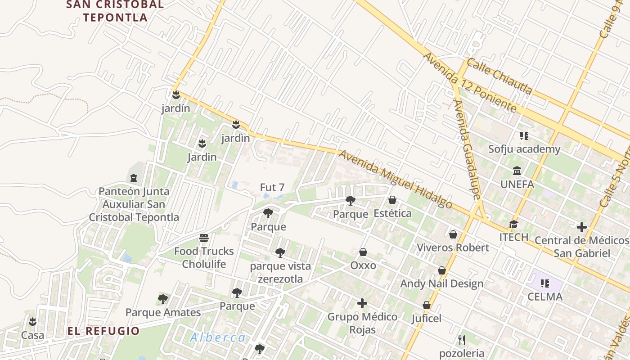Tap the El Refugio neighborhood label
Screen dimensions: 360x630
[103, 331]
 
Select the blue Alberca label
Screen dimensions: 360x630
[218, 337]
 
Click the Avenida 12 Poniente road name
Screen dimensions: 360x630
[470, 83]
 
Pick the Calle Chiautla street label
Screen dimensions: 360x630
[499, 76]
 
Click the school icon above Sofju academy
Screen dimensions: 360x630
[524, 135]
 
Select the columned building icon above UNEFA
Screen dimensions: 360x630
[517, 171]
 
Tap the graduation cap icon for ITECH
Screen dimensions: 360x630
[513, 224]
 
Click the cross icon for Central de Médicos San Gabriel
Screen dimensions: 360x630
[582, 227]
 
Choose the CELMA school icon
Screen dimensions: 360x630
[545, 283]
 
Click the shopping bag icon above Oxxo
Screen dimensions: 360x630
[363, 252]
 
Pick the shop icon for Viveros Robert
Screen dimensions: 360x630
[453, 234]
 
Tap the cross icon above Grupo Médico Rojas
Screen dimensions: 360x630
[362, 303]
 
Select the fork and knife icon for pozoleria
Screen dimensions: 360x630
[461, 340]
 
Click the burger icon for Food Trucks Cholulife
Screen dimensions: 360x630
[204, 238]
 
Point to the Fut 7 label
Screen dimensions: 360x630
[272, 187]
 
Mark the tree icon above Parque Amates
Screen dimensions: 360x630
[163, 299]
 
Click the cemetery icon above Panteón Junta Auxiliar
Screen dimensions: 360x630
[134, 178]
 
